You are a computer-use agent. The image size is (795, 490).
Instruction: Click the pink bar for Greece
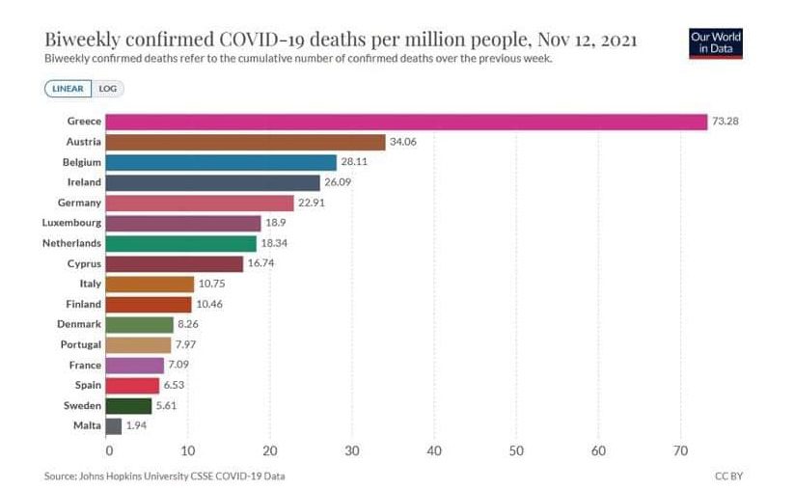click(405, 122)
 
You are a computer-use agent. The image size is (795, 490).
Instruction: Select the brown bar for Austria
click(245, 142)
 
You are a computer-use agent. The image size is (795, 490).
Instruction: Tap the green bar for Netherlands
click(180, 244)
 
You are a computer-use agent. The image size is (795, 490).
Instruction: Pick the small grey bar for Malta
click(113, 425)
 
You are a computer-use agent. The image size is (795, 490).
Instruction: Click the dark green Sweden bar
click(128, 405)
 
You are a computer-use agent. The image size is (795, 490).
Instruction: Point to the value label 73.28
click(726, 122)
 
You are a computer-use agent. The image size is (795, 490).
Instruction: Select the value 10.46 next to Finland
click(209, 305)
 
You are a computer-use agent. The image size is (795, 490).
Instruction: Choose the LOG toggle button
click(107, 89)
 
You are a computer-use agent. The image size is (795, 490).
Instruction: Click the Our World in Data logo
click(716, 42)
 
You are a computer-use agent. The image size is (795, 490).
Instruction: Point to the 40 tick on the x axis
click(434, 450)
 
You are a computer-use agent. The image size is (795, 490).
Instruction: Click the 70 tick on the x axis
click(680, 450)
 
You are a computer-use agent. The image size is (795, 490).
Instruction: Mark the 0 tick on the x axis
click(109, 450)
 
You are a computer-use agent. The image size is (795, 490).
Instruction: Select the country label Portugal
click(77, 345)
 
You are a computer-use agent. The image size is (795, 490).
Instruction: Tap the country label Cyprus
click(82, 264)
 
